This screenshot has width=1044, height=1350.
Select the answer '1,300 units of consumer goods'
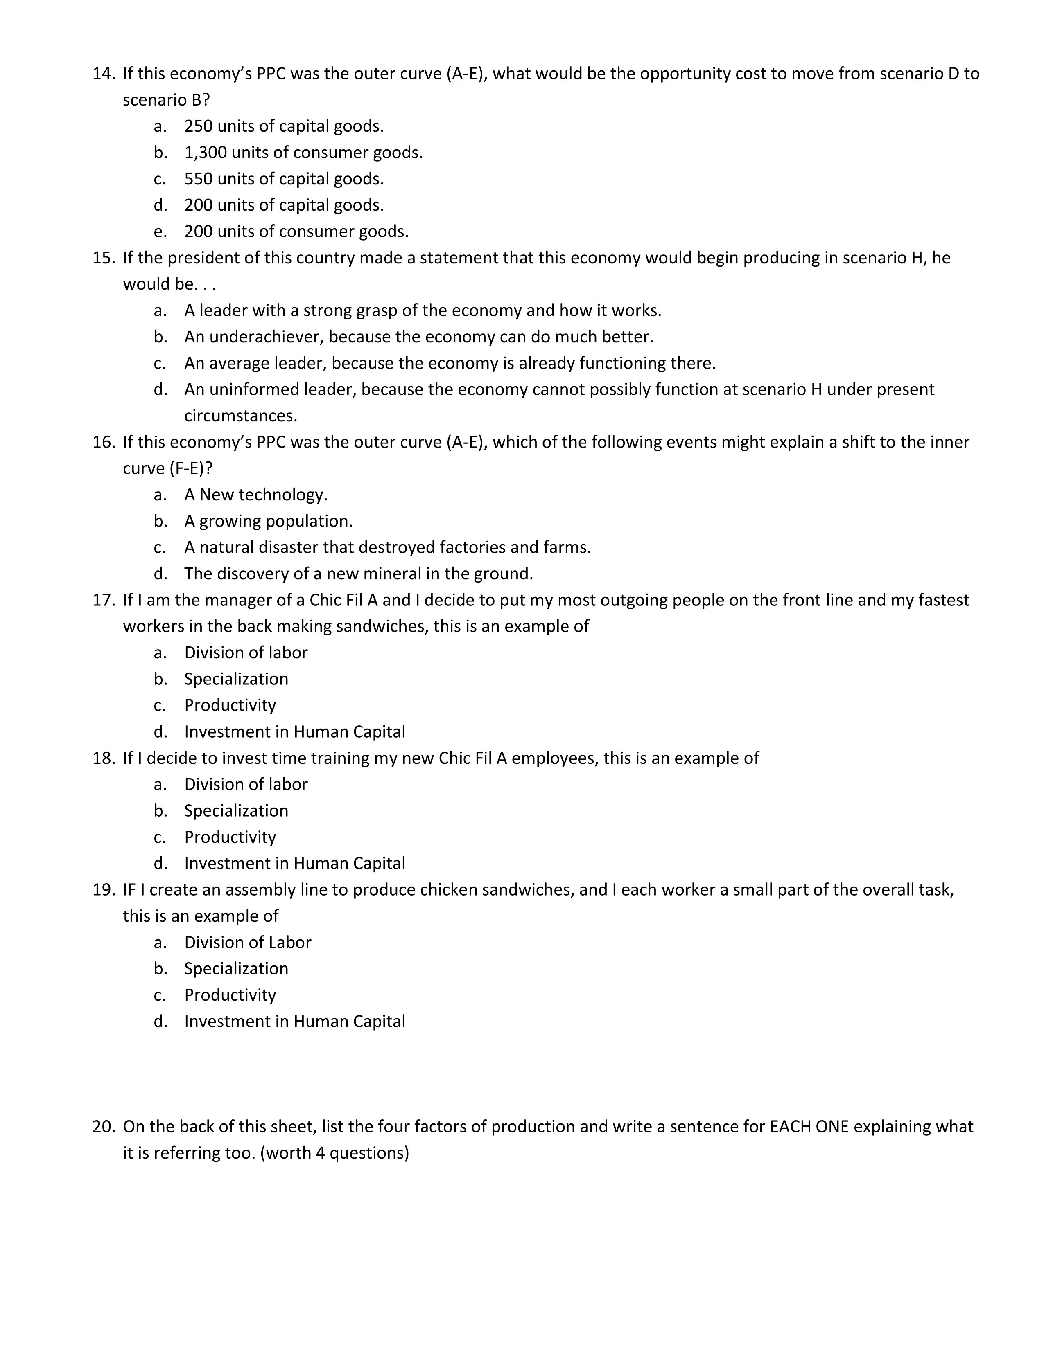pos(303,153)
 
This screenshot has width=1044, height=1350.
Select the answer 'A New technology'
pos(255,495)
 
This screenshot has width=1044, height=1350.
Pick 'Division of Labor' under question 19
pos(247,943)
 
